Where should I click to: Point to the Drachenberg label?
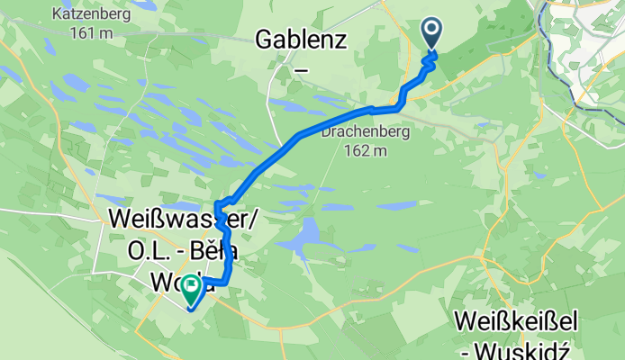click(x=366, y=132)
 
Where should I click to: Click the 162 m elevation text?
click(x=366, y=150)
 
